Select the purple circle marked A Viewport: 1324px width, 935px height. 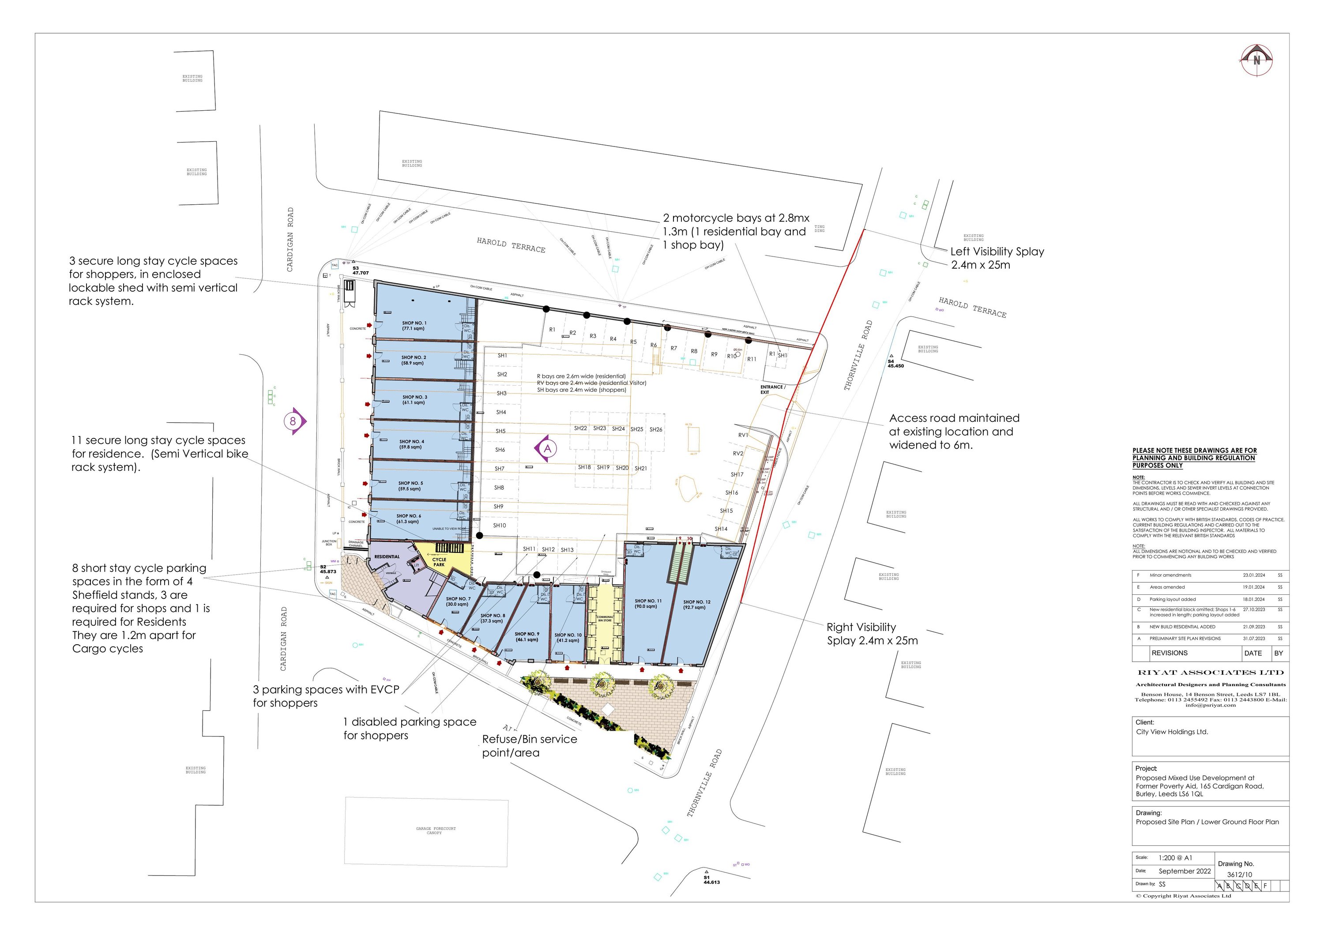click(x=547, y=448)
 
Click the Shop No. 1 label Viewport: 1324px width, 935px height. click(x=414, y=326)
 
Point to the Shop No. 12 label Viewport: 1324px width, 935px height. click(x=696, y=604)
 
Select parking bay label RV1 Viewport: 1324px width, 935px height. click(x=743, y=435)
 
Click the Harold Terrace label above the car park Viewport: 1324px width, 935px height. click(x=511, y=245)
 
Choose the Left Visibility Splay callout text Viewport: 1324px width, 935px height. click(x=997, y=258)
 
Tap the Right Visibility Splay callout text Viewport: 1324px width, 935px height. click(x=872, y=634)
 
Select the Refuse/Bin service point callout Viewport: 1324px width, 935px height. click(x=529, y=746)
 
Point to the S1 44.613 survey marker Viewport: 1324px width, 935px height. click(x=711, y=880)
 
